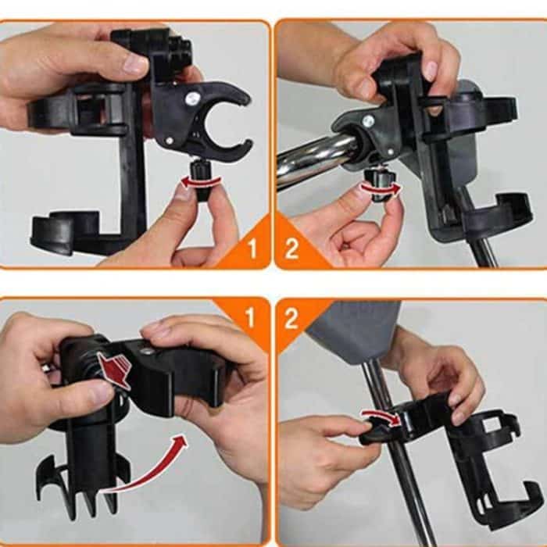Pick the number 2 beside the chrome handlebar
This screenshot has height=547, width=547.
[x=291, y=249]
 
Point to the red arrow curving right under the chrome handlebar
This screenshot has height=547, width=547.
[x=384, y=189]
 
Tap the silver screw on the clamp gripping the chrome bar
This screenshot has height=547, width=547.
[x=367, y=122]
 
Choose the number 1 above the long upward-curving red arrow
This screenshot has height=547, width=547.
[x=250, y=317]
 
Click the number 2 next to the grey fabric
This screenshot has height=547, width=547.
[x=291, y=317]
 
